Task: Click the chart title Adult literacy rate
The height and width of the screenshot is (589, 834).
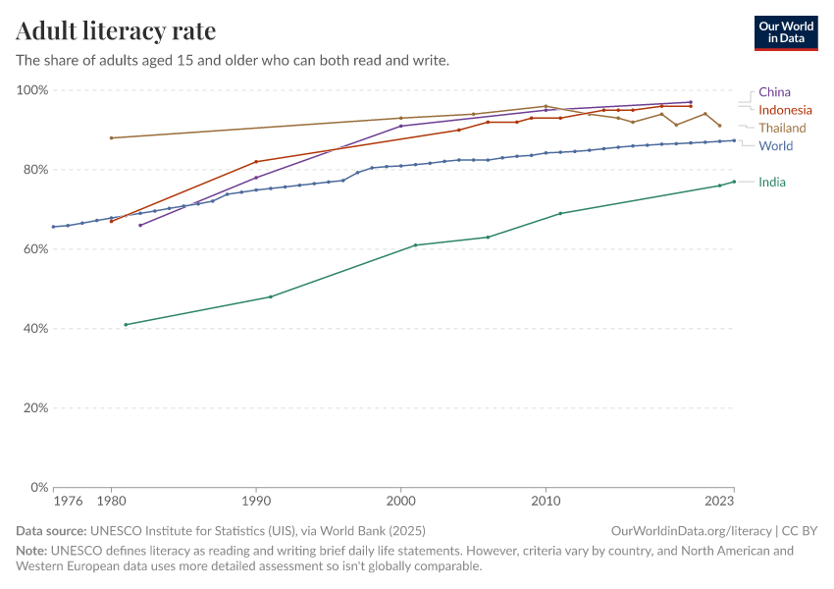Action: point(116,31)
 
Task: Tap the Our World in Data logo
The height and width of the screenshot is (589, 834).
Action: point(786,32)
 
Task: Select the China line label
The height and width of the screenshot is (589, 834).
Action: point(774,92)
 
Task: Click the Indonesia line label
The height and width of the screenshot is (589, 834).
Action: point(785,110)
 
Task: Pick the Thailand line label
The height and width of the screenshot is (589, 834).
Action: point(782,128)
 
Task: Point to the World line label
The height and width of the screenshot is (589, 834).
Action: point(775,146)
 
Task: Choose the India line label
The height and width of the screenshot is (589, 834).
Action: point(772,182)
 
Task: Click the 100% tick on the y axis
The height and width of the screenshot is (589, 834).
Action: point(31,90)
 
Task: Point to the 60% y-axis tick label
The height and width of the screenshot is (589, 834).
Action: point(34,249)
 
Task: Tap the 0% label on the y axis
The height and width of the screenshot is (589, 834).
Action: point(38,487)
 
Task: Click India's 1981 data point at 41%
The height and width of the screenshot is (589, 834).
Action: point(126,324)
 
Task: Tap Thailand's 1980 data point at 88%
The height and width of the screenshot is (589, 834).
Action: point(111,137)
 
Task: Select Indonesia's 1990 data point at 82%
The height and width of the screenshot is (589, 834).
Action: point(256,162)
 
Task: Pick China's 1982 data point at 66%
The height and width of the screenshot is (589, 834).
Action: point(140,225)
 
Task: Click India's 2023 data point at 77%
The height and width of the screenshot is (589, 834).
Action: point(734,182)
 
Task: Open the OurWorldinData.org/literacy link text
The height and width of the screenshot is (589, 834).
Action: point(690,530)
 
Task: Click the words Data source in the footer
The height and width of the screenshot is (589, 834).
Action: point(49,530)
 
